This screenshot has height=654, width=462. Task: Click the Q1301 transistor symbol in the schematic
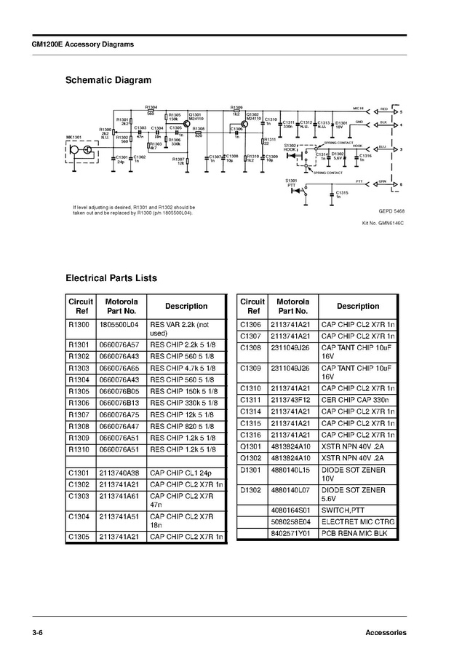pos(186,125)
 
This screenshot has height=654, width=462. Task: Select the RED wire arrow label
pos(383,109)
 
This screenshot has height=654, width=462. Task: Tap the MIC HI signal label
pos(359,108)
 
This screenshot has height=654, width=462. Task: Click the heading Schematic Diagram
pos(108,80)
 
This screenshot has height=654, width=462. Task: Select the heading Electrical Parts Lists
pos(111,277)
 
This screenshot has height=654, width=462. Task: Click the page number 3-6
pos(37,632)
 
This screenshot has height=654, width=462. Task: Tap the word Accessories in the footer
pos(386,632)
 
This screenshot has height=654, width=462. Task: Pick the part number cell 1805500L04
pos(119,324)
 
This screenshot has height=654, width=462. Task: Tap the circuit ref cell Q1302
pos(250,457)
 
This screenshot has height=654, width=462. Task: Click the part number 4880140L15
pos(290,470)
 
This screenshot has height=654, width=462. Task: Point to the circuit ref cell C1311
pos(250,400)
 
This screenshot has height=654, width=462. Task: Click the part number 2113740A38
pos(119,473)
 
